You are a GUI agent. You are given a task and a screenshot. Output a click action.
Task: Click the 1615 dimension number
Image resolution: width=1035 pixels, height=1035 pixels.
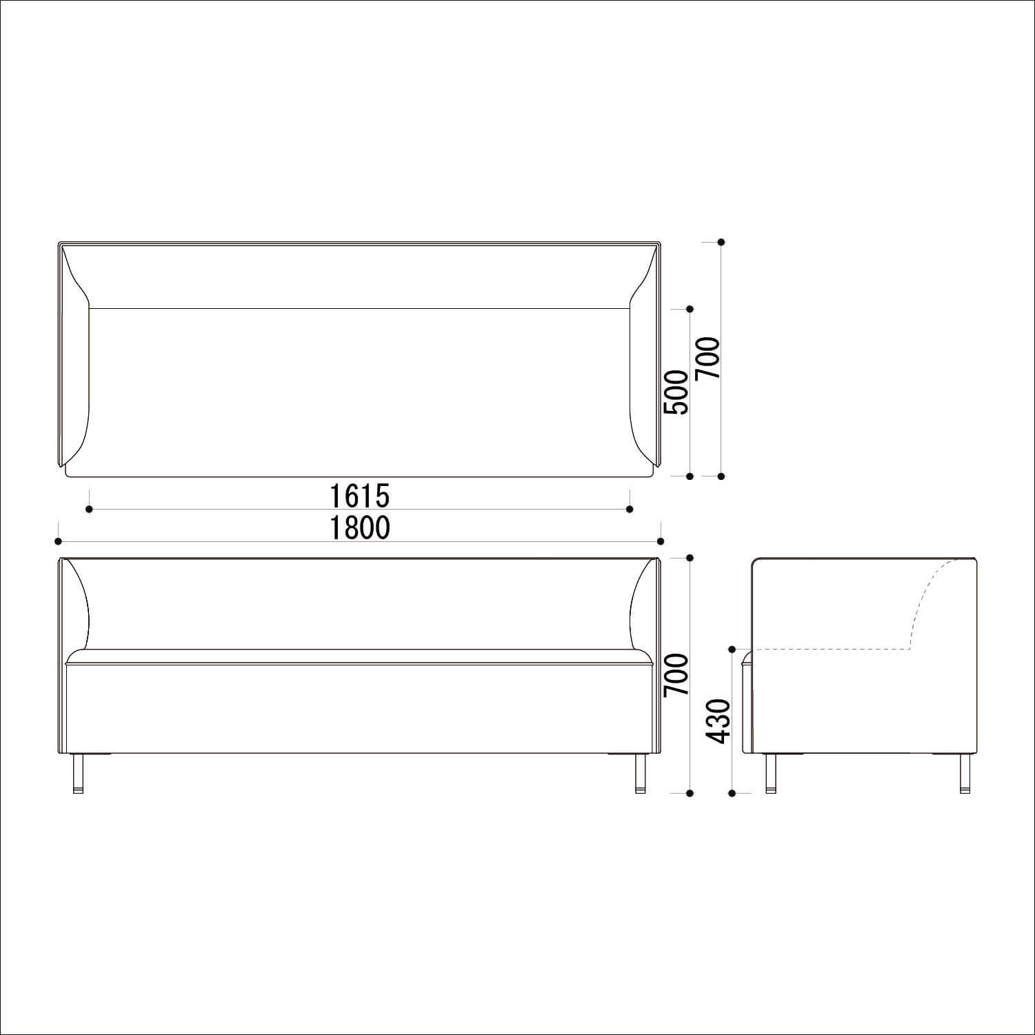[x=359, y=495]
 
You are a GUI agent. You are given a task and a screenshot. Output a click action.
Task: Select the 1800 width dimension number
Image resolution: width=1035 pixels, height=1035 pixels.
[x=359, y=527]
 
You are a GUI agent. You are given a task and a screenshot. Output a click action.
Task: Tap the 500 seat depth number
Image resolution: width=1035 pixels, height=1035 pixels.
[x=676, y=392]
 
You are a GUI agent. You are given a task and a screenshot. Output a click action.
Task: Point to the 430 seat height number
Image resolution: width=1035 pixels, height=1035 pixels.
[x=719, y=721]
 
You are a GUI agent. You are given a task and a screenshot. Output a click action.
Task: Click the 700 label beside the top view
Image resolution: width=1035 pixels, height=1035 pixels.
[x=708, y=358]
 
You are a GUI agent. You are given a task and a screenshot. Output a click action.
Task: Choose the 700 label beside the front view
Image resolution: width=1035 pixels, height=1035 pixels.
[x=676, y=675]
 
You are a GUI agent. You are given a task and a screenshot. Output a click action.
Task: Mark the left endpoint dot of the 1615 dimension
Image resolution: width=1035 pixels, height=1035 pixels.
[x=90, y=509]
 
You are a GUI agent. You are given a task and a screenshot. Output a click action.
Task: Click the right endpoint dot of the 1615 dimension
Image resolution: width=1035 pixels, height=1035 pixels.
[x=630, y=509]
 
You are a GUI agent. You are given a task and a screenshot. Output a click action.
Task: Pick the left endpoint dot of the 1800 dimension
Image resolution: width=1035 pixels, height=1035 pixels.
[x=59, y=541]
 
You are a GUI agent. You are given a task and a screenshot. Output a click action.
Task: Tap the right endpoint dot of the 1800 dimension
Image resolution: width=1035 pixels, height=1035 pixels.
[x=661, y=541]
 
